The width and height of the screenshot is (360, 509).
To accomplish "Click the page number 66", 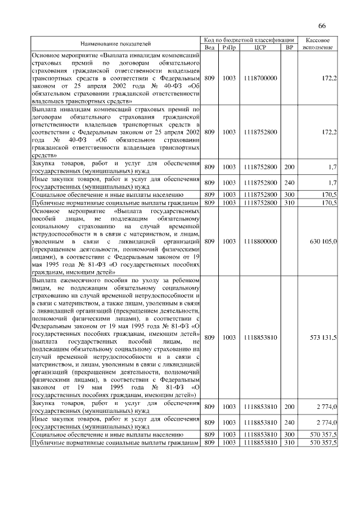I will tap(322, 25).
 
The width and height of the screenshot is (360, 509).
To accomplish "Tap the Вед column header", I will tap(209, 47).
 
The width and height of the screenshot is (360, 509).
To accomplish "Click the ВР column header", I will tap(289, 47).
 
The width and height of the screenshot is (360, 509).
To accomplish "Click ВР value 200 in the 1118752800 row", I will tap(289, 167).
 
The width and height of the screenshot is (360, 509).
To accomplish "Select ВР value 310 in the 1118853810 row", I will tap(289, 443).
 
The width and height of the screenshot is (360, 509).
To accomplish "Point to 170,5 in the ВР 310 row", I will tap(327, 202).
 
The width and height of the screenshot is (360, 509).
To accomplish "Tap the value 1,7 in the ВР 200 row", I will tap(332, 167).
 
